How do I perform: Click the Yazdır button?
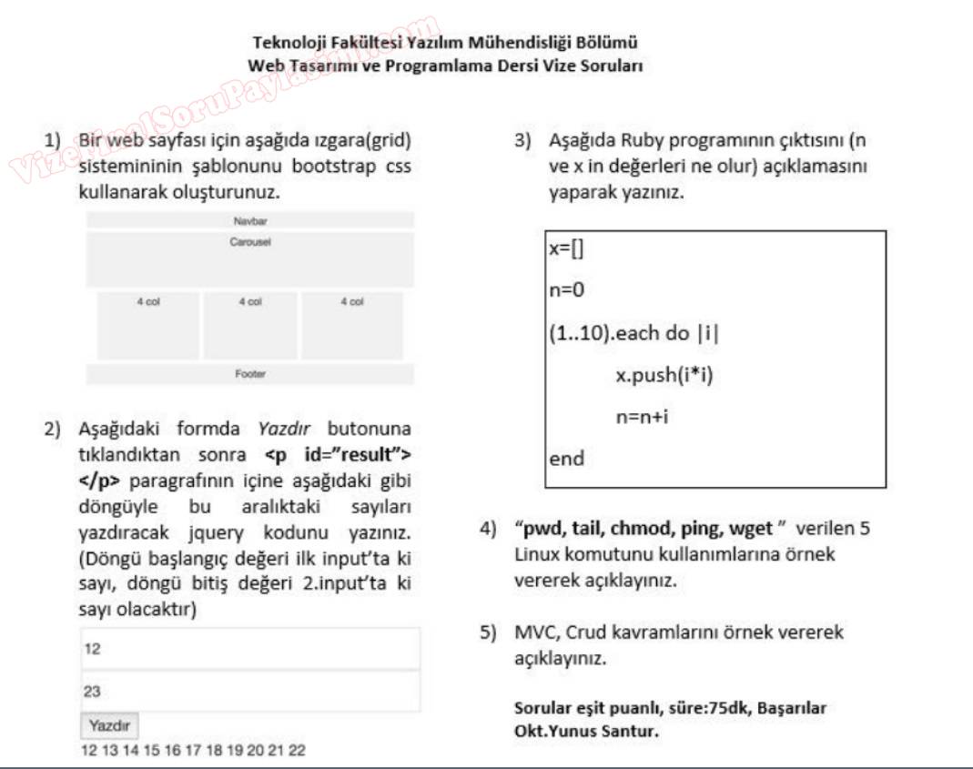click(x=109, y=725)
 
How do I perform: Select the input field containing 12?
click(x=250, y=649)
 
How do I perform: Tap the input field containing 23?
click(x=250, y=692)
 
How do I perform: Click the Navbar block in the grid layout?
click(x=250, y=220)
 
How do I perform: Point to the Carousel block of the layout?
click(x=250, y=259)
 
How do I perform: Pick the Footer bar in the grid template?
click(x=250, y=374)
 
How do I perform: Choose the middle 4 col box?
click(x=250, y=325)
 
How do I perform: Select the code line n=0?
click(x=566, y=291)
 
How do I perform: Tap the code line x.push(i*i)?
click(x=664, y=375)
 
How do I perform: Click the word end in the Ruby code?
click(x=567, y=459)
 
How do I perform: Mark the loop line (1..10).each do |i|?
click(x=633, y=333)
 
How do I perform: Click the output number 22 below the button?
click(x=297, y=751)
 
